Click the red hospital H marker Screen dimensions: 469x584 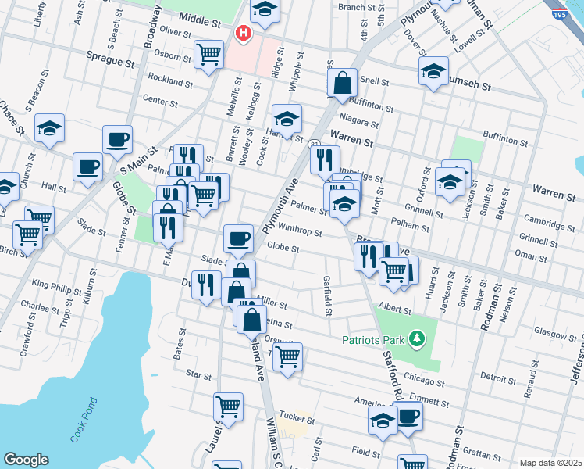[x=244, y=34]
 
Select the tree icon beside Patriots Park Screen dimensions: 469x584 [x=417, y=338]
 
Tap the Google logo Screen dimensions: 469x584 [x=26, y=460]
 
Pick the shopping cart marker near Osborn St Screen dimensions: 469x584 [x=208, y=55]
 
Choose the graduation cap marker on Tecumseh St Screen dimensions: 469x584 [x=433, y=71]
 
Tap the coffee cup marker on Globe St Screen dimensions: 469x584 [x=238, y=238]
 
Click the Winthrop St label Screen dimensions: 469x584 [x=301, y=232]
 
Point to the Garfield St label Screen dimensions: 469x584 [x=329, y=295]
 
